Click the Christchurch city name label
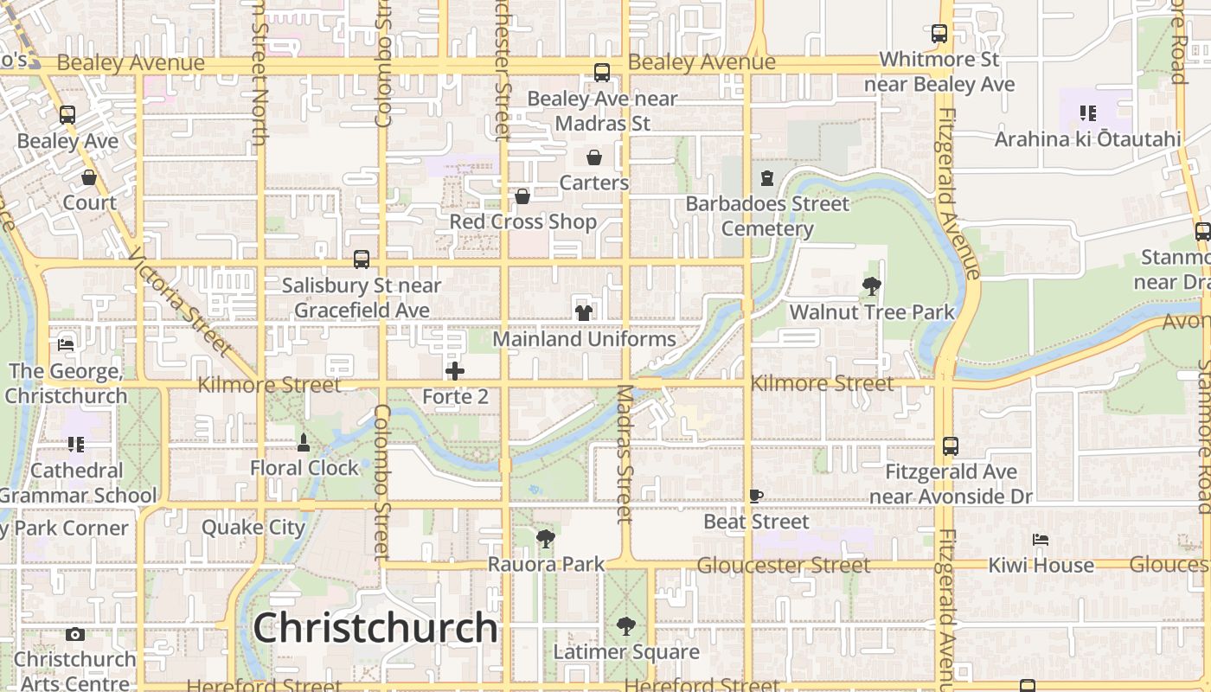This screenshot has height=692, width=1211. coord(375,628)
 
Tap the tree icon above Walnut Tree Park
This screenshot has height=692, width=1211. coord(872,286)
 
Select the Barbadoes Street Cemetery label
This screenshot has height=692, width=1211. coord(767,216)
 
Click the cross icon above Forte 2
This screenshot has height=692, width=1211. coord(455,372)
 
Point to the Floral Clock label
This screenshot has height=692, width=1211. coord(304,468)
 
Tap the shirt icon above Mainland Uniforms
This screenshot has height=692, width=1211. coord(584,312)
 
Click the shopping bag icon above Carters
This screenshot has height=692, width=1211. coord(594,157)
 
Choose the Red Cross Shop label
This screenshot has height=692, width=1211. coord(522,222)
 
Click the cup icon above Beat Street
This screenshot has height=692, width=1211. coord(756,497)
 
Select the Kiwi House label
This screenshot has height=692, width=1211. coord(1041,566)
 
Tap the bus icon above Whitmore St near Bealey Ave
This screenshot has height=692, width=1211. coord(939,35)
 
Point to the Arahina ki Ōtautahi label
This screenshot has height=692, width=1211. coord(1087,139)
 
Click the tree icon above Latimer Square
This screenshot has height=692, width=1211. coord(625,626)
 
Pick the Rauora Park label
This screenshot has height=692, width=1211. coord(546,565)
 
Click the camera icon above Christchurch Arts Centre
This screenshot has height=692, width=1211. coord(75,634)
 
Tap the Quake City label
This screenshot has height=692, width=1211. coord(253,528)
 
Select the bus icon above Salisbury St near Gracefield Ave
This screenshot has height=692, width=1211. coord(362,259)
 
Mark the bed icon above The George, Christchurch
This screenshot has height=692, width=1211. coord(66,344)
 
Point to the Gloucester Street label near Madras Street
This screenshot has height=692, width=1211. coord(784,566)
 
